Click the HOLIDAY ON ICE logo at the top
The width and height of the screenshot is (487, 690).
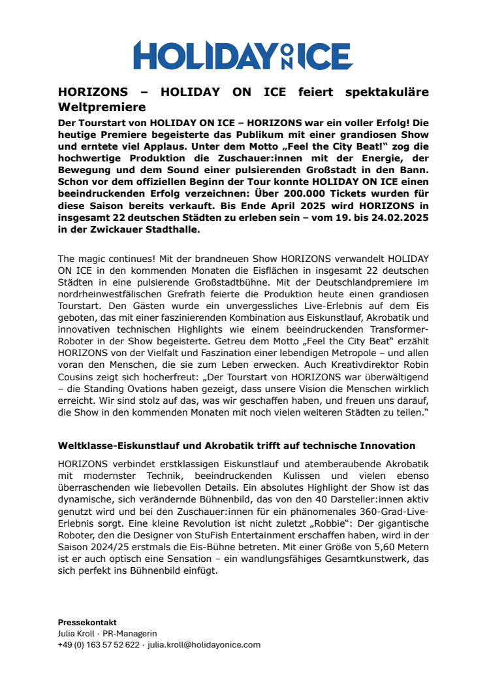click(243, 55)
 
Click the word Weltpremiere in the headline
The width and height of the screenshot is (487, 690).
click(101, 106)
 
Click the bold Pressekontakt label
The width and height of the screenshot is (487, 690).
click(87, 623)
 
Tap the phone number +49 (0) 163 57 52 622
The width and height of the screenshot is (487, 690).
click(99, 644)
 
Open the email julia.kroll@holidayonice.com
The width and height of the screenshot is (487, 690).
click(204, 644)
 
